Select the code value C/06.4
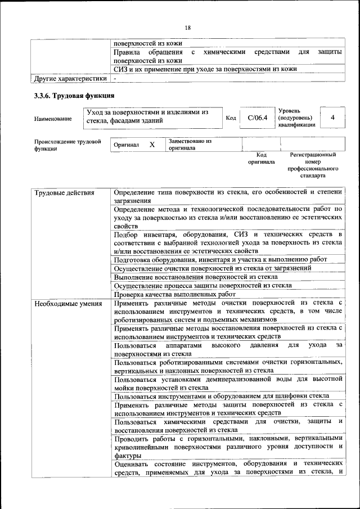pyautogui.click(x=256, y=118)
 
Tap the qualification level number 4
pyautogui.click(x=333, y=118)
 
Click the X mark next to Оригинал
pyautogui.click(x=152, y=145)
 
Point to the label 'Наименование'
pyautogui.click(x=53, y=119)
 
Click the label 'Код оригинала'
pyautogui.click(x=262, y=158)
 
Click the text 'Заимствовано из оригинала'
pyautogui.click(x=190, y=145)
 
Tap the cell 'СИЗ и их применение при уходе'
pyautogui.click(x=205, y=69)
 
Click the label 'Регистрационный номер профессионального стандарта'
pyautogui.click(x=313, y=165)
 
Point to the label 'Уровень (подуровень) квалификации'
pyautogui.click(x=296, y=118)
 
